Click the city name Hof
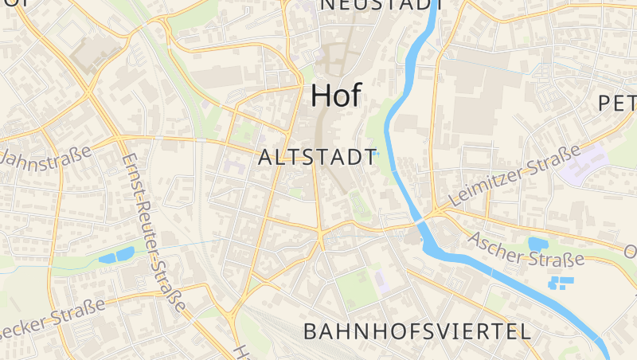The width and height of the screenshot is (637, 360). pos(335,95)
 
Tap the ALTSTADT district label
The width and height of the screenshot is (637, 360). pos(317,157)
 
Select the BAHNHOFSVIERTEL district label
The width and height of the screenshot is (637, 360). pos(417,331)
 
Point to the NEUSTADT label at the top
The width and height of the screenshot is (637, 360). pos(381,5)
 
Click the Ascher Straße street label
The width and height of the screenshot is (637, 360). pos(526,249)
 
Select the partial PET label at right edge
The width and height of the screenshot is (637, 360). pos(616,103)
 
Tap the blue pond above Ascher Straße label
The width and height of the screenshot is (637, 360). pos(536,244)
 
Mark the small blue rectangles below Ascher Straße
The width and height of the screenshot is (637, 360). pos(561,281)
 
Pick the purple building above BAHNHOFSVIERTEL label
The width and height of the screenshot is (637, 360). pos(381,281)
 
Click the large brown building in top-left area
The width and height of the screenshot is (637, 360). pos(95,54)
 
